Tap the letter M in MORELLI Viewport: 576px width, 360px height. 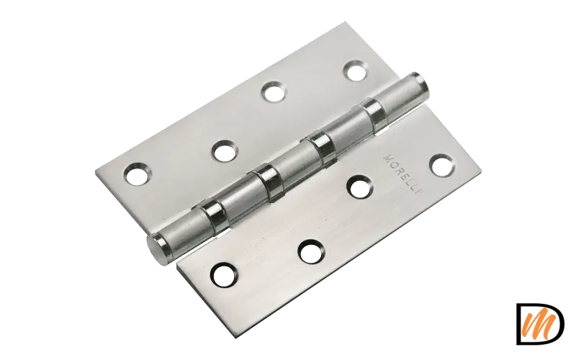[387, 158]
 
